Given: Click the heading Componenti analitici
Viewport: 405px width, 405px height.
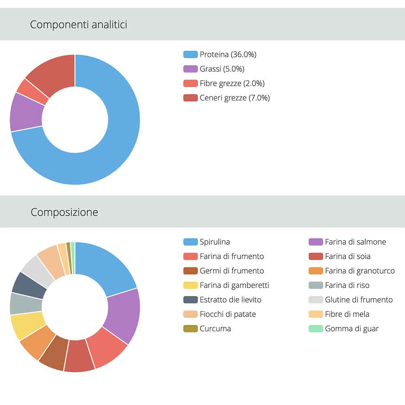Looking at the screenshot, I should [x=79, y=25].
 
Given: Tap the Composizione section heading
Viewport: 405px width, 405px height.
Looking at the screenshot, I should [x=64, y=212].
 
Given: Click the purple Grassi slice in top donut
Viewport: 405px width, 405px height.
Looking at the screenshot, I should [x=26, y=112].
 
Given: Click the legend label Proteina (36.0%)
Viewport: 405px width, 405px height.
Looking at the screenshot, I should [x=228, y=54].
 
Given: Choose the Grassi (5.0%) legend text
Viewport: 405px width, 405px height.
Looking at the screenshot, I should [x=222, y=69].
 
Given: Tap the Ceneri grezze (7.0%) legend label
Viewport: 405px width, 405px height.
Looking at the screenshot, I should [x=234, y=98].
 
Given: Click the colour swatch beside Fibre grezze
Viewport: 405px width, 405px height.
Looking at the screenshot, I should [x=190, y=83].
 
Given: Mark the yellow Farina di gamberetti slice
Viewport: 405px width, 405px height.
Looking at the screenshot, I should [x=27, y=326].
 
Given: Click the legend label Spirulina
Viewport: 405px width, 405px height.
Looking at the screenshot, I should [x=215, y=242].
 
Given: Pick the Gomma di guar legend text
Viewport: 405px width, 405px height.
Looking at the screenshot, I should [x=352, y=328].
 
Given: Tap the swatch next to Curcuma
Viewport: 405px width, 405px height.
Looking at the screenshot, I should [x=190, y=328].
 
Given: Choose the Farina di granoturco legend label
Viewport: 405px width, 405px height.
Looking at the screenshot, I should [x=360, y=271].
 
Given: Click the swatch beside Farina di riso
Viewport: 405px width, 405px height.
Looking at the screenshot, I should [x=315, y=285].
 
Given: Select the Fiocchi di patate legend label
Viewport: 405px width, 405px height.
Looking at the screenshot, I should [x=228, y=314].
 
